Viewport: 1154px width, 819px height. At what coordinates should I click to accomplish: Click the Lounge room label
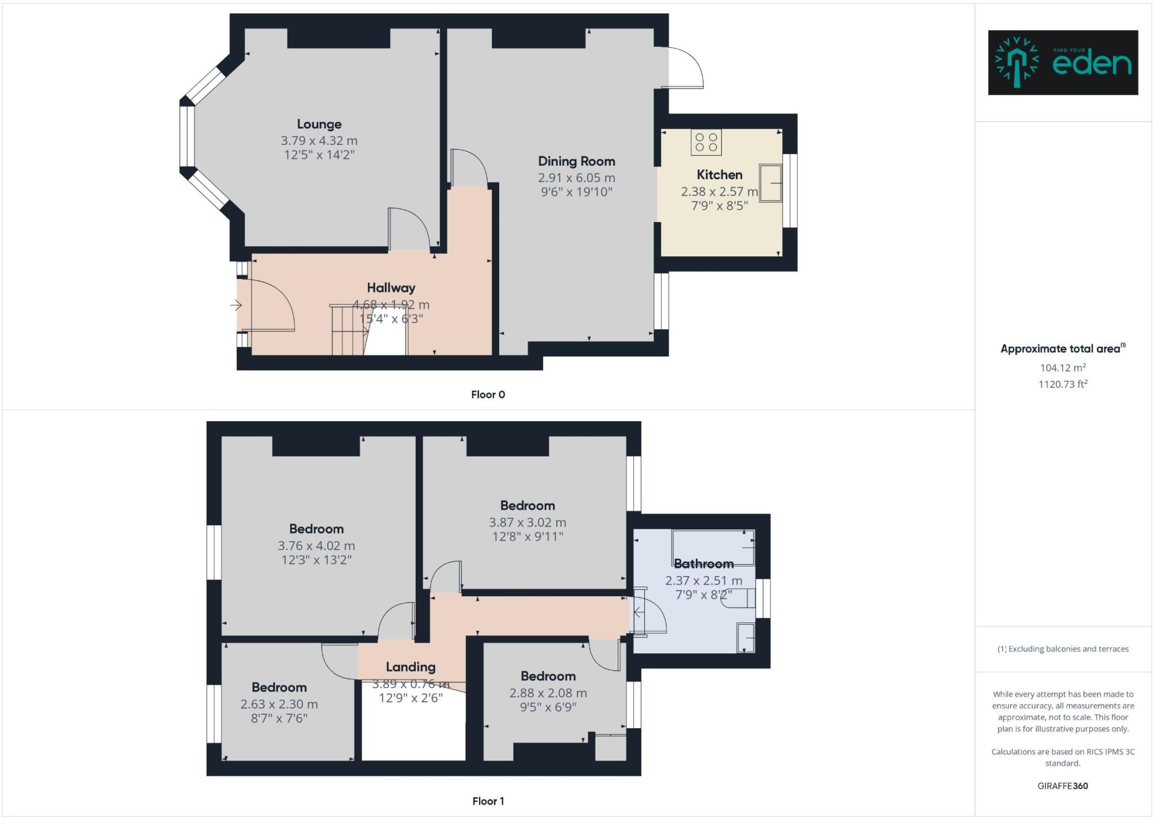319,124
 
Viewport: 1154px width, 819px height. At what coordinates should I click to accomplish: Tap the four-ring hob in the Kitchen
706,142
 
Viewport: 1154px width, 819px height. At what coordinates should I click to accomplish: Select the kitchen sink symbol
771,183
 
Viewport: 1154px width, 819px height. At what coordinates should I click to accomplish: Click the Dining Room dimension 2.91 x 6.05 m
576,178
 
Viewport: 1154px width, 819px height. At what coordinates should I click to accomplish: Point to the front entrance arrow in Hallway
236,306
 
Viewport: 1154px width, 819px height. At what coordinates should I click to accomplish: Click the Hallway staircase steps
347,330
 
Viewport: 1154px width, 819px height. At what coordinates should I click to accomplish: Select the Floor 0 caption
488,395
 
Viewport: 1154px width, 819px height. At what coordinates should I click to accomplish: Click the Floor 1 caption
488,801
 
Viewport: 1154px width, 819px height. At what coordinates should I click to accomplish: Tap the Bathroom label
704,564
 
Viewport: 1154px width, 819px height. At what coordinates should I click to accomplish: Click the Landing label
410,667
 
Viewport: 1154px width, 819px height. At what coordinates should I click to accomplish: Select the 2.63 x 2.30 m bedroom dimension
279,704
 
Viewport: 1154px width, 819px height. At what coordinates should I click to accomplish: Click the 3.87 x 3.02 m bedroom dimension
527,523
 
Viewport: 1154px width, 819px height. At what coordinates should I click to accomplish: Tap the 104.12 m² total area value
1063,368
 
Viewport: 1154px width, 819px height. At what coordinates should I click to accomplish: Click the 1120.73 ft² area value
1063,384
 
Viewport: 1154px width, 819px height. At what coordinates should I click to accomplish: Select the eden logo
1063,63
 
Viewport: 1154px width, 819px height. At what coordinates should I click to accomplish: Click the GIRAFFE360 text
1063,786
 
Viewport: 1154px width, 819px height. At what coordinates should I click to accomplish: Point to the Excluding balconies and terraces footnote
1063,649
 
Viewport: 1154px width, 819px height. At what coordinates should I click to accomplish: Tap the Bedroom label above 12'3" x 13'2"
316,529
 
